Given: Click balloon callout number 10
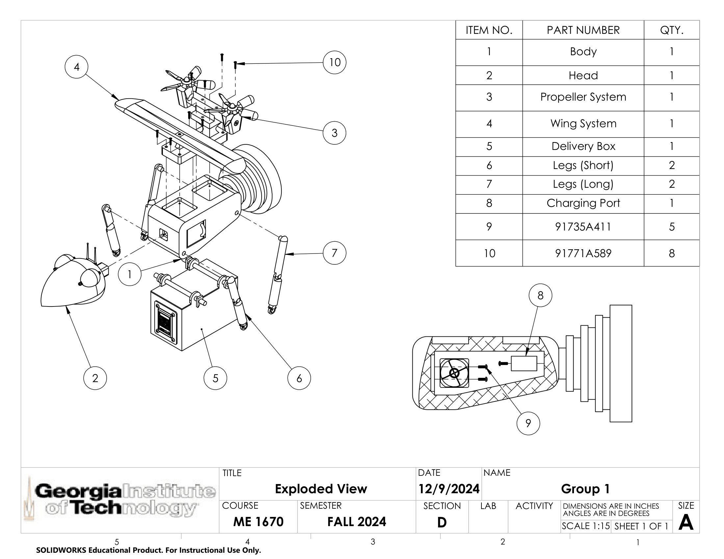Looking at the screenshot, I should [x=334, y=62].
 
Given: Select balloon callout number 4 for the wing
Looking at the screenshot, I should [x=77, y=67].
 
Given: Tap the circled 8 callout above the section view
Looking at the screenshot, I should [x=540, y=295].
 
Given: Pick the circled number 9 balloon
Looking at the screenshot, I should [x=528, y=423].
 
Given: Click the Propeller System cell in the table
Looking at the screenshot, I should [x=583, y=97].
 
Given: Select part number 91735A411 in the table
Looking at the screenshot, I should [x=583, y=227].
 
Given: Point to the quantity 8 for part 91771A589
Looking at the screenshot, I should [x=672, y=253].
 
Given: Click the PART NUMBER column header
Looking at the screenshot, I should [x=583, y=30].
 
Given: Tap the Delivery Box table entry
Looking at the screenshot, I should [x=583, y=146].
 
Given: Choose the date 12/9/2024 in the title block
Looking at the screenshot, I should [x=449, y=489].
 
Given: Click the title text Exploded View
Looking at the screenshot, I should [x=321, y=489].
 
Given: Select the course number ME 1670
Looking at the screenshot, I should [x=258, y=522].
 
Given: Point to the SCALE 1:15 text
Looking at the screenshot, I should [x=585, y=526].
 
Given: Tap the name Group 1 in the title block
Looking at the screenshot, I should [x=585, y=489].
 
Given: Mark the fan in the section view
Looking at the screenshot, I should [x=454, y=373].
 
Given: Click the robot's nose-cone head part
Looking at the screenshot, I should [x=73, y=281].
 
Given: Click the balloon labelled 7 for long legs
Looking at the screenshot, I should [x=334, y=253].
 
